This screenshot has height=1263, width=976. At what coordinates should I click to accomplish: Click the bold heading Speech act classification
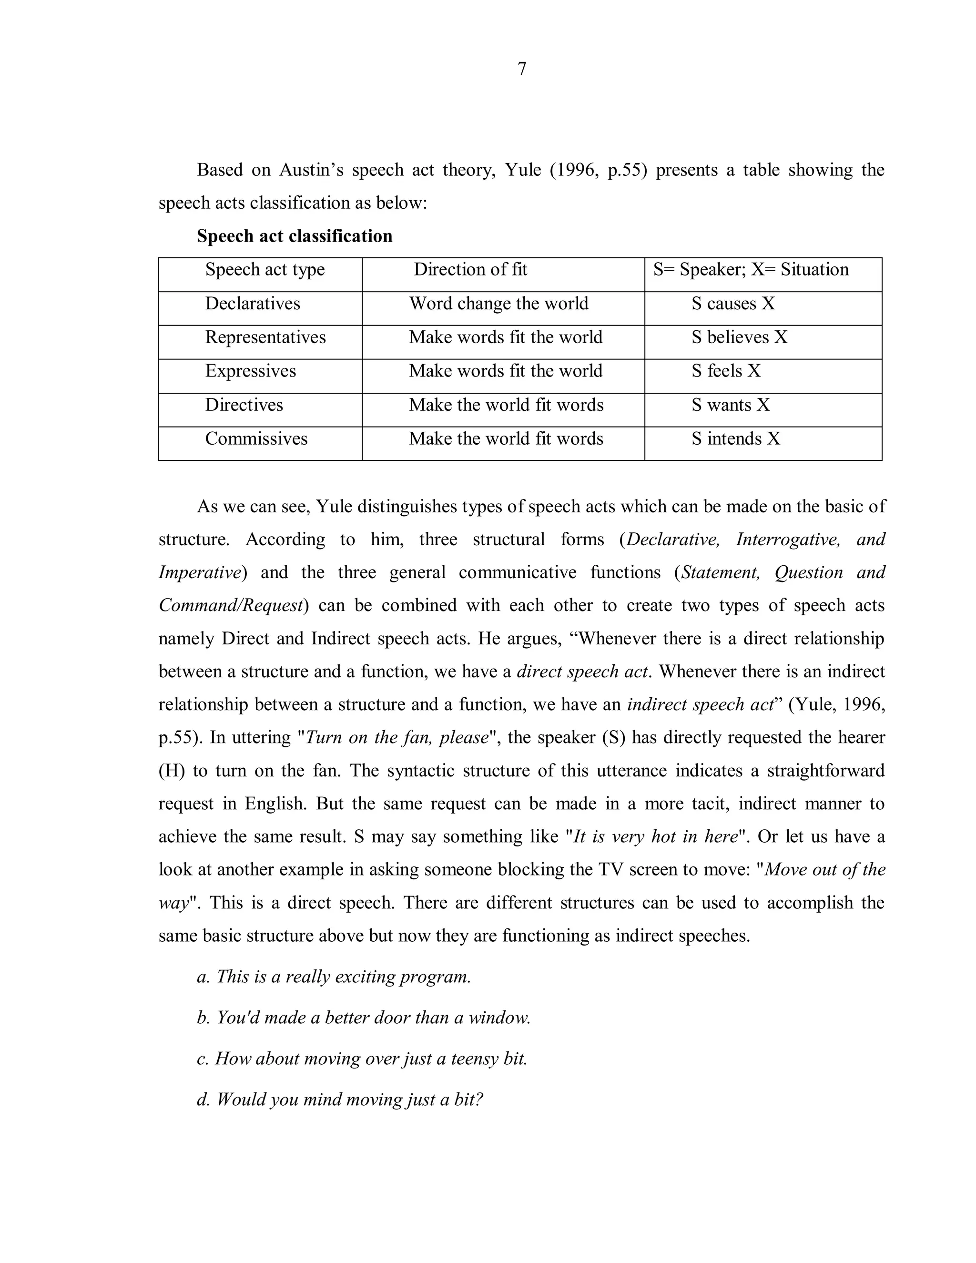click(295, 236)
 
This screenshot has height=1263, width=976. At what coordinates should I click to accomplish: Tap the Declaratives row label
click(253, 304)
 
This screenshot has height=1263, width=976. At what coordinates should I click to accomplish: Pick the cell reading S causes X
click(732, 304)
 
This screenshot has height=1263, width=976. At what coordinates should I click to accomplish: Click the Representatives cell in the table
click(265, 337)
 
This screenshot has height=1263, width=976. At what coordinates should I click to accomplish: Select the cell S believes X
click(739, 337)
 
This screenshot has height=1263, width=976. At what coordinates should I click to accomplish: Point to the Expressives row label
click(250, 371)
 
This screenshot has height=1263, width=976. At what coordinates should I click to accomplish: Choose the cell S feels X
click(726, 371)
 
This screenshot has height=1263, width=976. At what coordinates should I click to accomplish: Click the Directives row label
click(244, 405)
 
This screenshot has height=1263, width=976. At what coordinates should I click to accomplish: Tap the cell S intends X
click(735, 439)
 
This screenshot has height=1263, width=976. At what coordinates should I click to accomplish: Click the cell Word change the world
click(498, 304)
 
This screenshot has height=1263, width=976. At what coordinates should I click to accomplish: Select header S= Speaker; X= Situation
click(751, 269)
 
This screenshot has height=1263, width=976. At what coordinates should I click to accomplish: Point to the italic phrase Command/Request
click(231, 605)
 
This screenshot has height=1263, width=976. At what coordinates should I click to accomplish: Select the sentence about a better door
click(364, 1018)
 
